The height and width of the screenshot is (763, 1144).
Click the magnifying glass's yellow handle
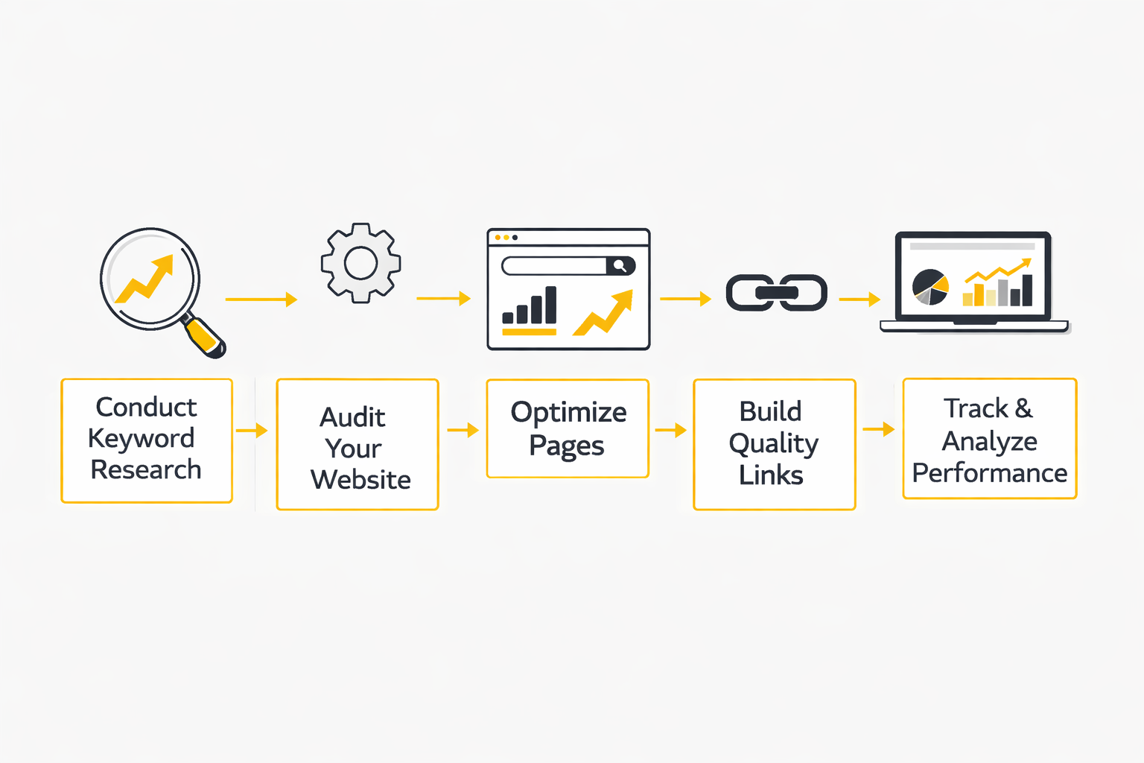tap(203, 335)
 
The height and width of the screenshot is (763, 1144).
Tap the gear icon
tap(361, 263)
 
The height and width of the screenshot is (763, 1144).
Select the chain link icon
tap(777, 293)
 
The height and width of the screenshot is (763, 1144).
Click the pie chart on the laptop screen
tap(930, 287)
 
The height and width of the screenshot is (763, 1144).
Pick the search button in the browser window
tap(620, 266)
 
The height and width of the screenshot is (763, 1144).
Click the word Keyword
tap(142, 439)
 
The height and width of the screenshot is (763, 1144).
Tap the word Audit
tap(352, 417)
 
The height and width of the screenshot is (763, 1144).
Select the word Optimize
tap(568, 413)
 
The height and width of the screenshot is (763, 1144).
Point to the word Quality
tap(773, 444)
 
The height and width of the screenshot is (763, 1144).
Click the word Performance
tap(989, 473)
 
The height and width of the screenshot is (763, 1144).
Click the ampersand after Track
tap(1024, 408)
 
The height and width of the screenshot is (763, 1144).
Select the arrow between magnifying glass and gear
tap(261, 300)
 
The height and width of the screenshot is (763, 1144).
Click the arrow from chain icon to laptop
tap(859, 300)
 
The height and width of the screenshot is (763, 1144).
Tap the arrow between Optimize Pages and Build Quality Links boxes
tap(670, 430)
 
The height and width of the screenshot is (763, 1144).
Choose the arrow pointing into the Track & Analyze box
tap(878, 429)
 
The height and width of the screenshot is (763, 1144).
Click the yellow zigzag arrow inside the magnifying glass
tap(147, 279)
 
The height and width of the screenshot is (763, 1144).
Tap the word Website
tap(360, 480)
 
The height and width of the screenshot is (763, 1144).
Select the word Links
tap(771, 475)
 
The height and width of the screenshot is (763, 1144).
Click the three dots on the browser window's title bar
tap(506, 238)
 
